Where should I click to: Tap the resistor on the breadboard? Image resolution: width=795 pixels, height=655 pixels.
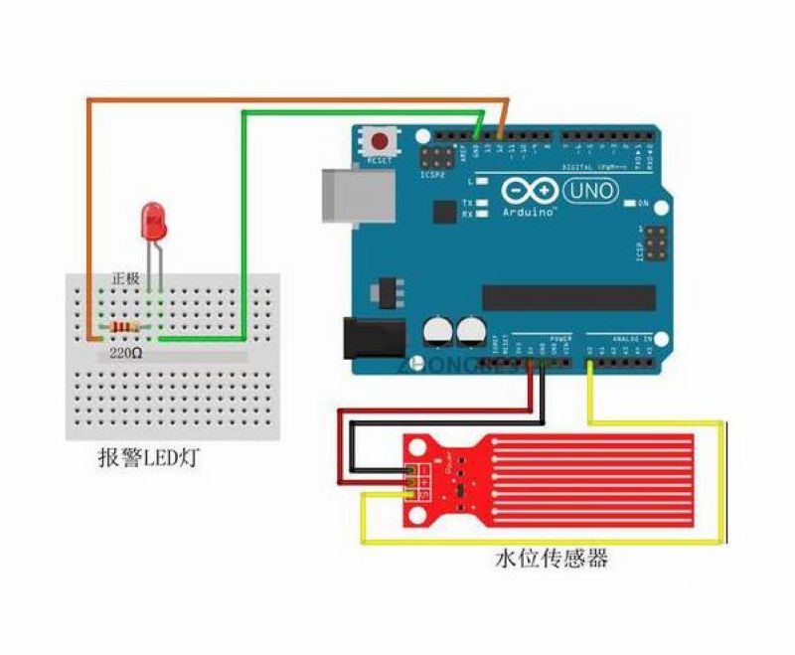pos(125,328)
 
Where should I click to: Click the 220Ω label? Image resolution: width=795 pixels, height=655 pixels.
pos(126,352)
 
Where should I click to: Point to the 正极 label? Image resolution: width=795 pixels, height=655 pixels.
pos(127,278)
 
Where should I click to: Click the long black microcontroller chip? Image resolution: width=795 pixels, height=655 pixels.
pos(568,297)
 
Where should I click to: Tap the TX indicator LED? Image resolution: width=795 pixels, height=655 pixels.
pos(482,203)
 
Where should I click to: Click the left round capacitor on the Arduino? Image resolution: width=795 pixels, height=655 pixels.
pos(437,330)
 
